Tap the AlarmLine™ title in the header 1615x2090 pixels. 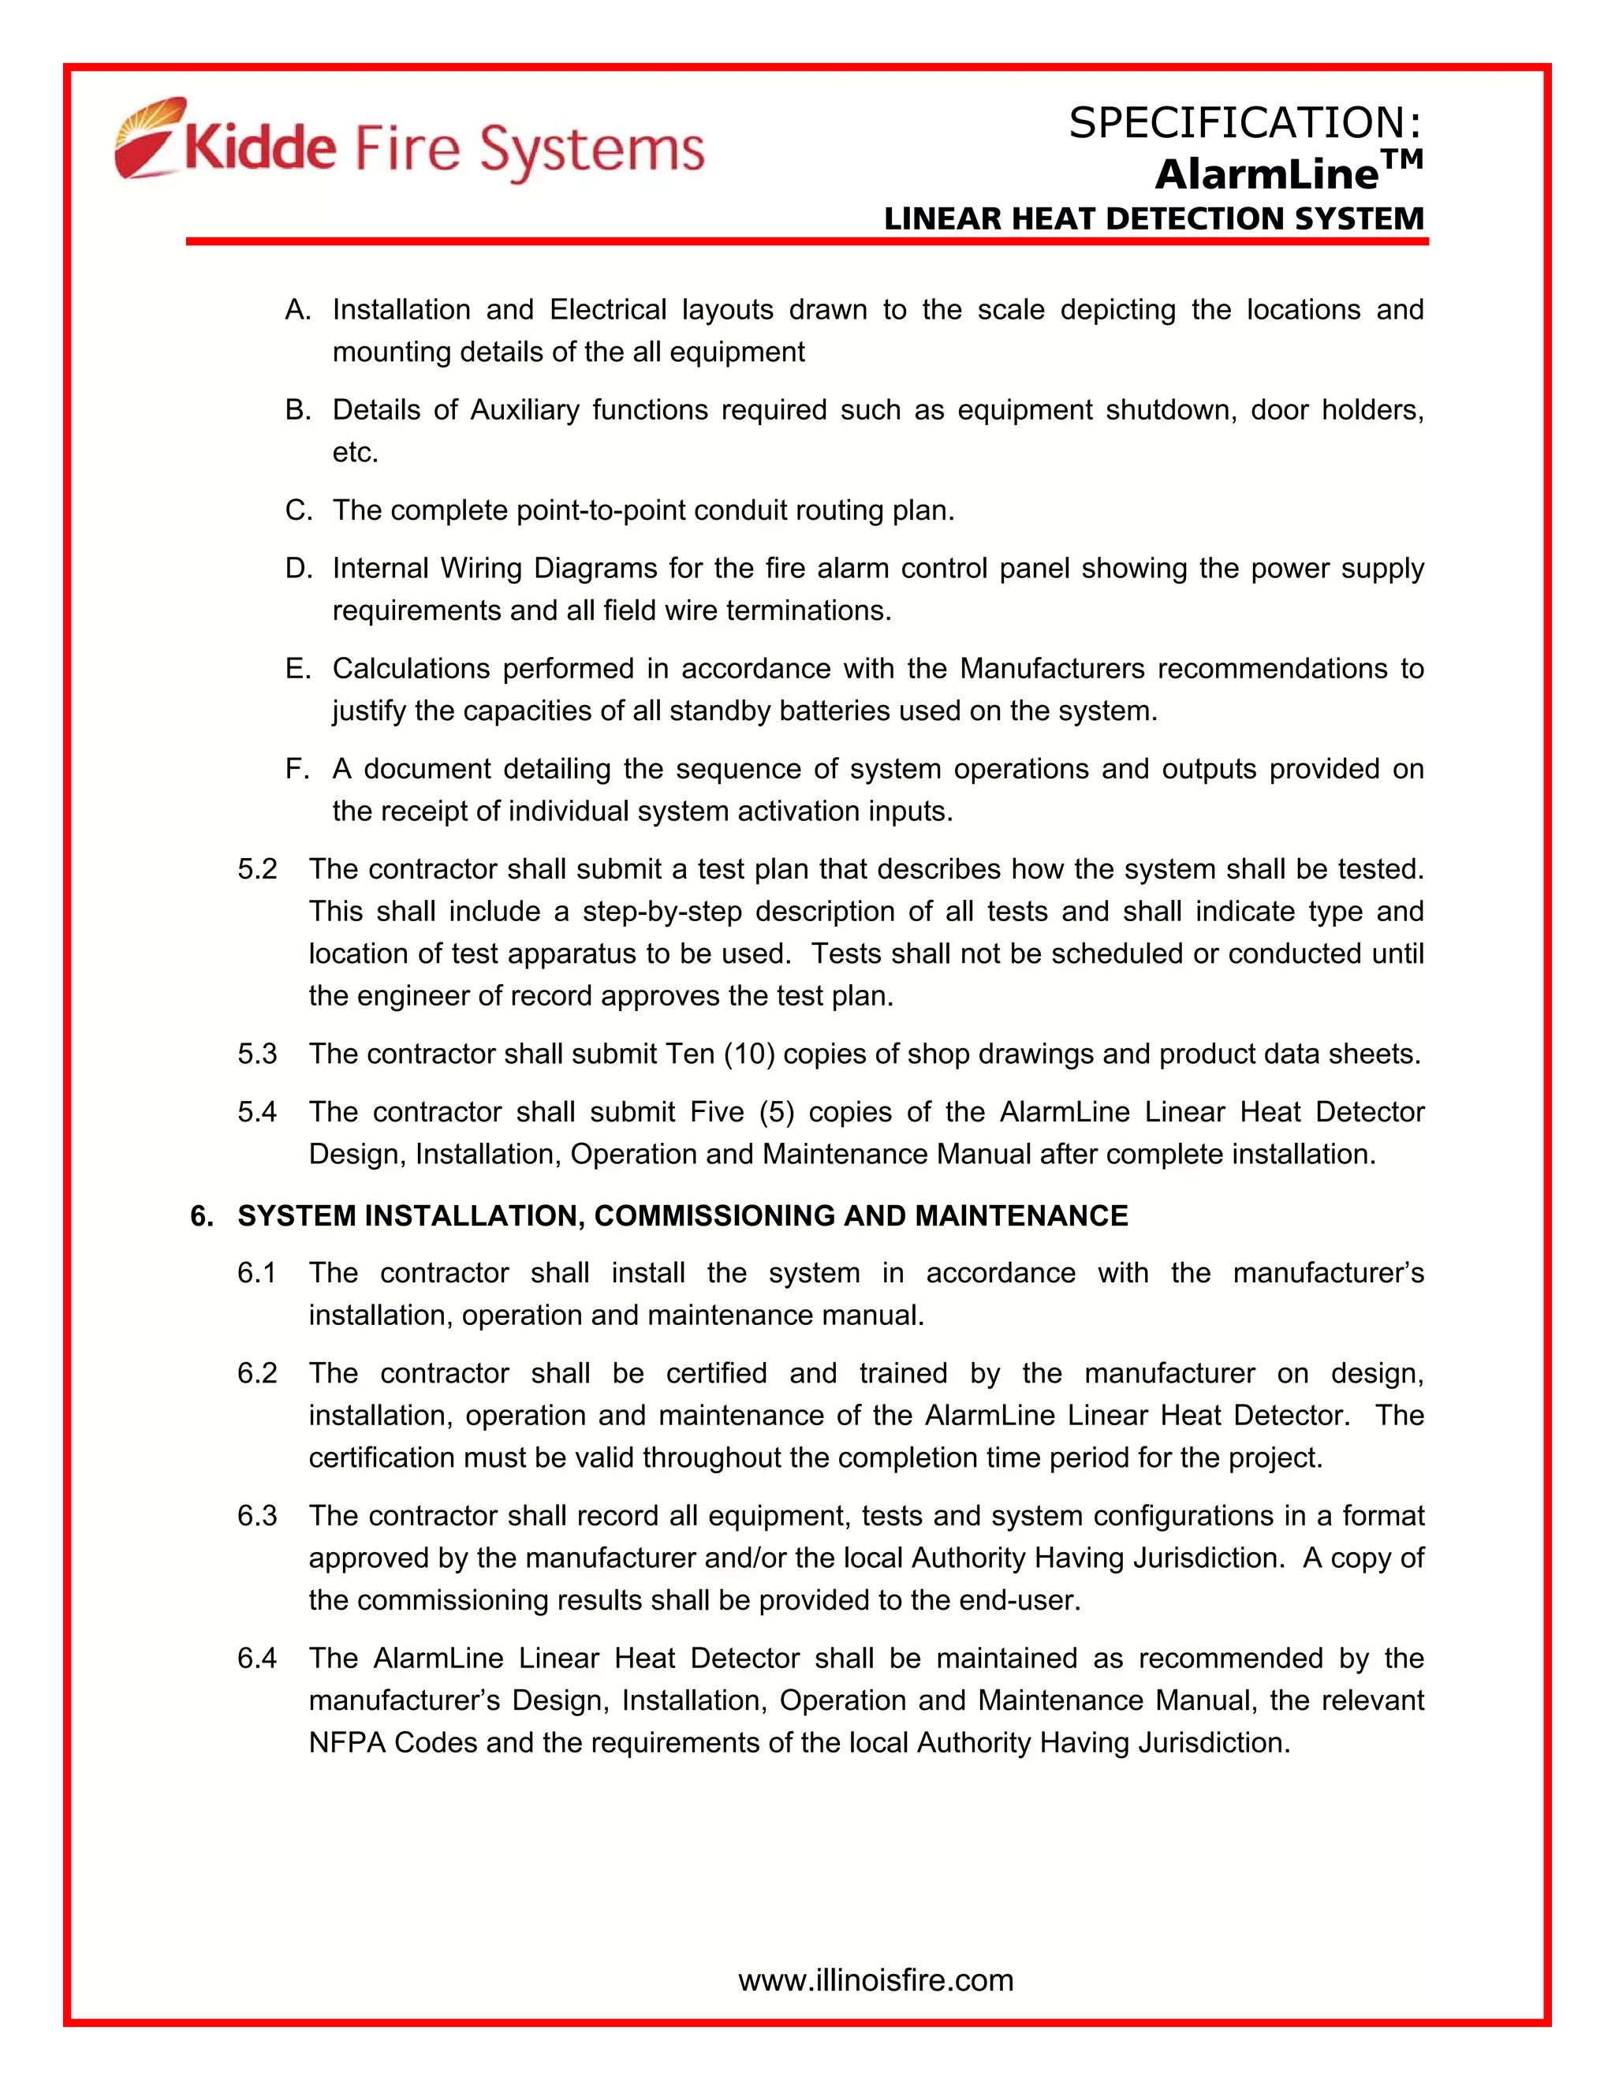(x=1288, y=172)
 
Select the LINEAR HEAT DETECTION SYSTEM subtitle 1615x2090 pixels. (x=1154, y=219)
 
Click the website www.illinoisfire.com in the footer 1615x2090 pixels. (x=875, y=1980)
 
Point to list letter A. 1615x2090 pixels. (x=297, y=310)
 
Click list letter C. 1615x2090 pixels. (x=297, y=511)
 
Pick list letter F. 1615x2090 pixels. (x=297, y=770)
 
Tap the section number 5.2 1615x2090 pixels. (x=257, y=870)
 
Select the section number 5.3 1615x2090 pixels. (x=257, y=1054)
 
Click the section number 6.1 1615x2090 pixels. (x=257, y=1274)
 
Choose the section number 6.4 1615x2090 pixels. (x=257, y=1659)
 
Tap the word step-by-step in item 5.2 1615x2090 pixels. (x=662, y=912)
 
